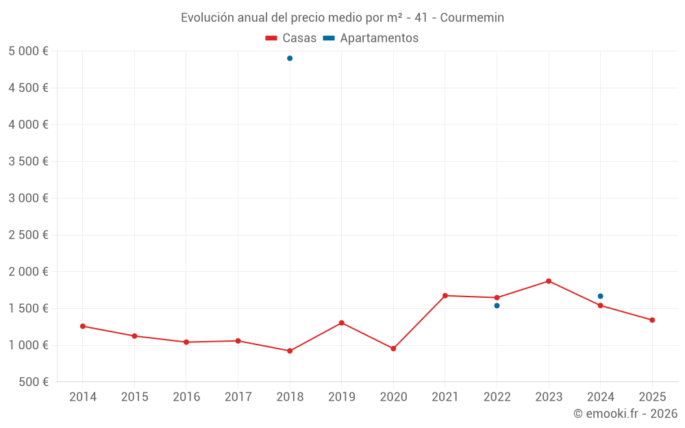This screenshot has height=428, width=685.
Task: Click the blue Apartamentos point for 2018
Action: click(x=290, y=58)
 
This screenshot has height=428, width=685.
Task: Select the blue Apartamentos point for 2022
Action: click(x=497, y=305)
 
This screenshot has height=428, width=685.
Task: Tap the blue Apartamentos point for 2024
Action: click(x=600, y=296)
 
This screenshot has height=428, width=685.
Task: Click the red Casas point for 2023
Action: click(x=549, y=281)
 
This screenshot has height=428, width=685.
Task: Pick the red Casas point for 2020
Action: click(x=393, y=349)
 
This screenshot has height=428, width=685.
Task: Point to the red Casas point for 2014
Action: click(x=83, y=326)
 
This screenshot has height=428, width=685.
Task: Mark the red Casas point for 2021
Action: click(x=445, y=296)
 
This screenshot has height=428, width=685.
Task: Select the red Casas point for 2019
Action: click(x=341, y=323)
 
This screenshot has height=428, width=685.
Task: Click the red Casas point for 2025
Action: click(x=652, y=320)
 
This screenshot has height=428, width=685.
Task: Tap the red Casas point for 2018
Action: click(x=290, y=351)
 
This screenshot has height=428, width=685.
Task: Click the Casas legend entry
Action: click(x=291, y=38)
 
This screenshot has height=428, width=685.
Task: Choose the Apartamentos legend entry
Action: click(x=371, y=38)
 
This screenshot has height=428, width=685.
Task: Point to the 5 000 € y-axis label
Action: click(x=28, y=51)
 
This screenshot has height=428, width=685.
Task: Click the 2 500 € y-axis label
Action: click(x=28, y=235)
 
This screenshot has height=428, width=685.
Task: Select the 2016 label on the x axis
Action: click(x=186, y=397)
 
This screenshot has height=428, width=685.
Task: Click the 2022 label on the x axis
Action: click(x=497, y=397)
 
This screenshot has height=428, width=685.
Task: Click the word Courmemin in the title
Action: click(x=472, y=18)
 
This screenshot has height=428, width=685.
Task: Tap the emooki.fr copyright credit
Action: click(x=625, y=414)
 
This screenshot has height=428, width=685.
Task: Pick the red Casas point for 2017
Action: click(x=238, y=340)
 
